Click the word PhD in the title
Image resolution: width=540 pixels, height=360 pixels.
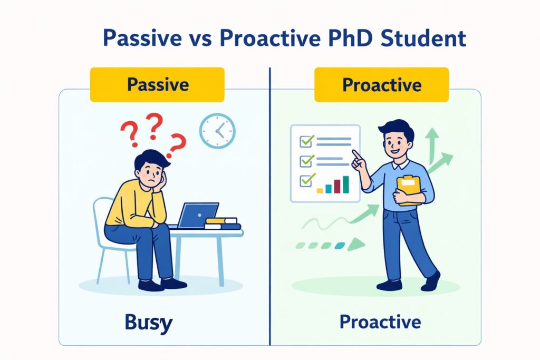(350, 38)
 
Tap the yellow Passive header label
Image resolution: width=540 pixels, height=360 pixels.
(157, 85)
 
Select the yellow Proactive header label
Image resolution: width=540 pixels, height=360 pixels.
(382, 85)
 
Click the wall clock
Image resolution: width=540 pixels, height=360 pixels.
(217, 131)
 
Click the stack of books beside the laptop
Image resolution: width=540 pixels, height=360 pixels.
(223, 223)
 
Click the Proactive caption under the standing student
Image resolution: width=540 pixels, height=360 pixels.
(380, 322)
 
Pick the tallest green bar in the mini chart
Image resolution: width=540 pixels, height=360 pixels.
(346, 184)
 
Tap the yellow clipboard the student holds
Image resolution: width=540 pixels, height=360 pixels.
(409, 190)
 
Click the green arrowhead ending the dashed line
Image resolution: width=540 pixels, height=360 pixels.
(356, 245)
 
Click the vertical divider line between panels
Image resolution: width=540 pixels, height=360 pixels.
(270, 207)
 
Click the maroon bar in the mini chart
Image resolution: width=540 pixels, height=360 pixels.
(337, 186)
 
